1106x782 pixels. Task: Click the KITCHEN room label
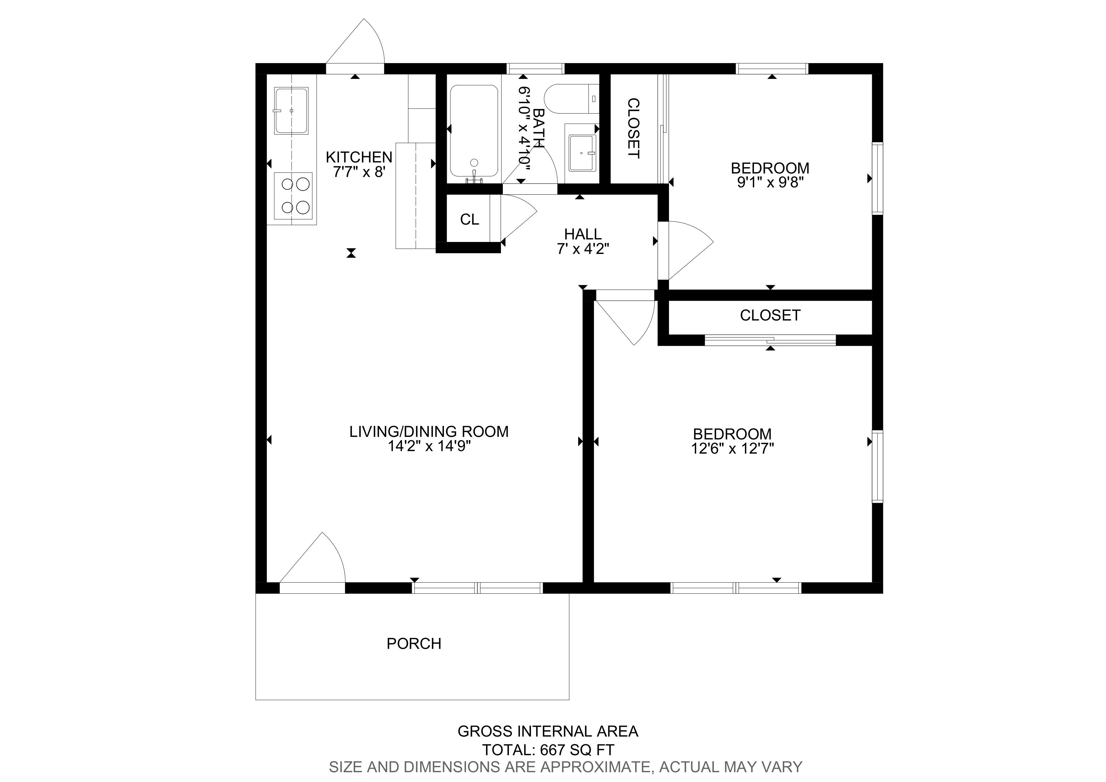[x=359, y=157]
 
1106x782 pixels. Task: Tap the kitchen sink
[x=291, y=111]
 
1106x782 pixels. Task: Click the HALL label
[x=583, y=234]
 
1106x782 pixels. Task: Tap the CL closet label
[x=470, y=220]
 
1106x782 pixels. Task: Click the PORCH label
[x=414, y=644]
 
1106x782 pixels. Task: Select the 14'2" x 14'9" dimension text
[x=429, y=446]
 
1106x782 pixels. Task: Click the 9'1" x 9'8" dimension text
[x=771, y=183]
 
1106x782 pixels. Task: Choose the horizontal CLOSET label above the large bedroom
[x=770, y=315]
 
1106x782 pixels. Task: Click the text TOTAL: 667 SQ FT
[x=548, y=750]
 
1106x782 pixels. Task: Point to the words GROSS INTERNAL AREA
[x=548, y=732]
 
